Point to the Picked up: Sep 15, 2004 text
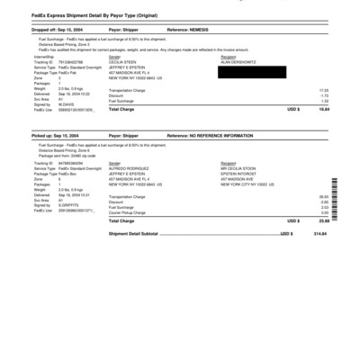point(56,135)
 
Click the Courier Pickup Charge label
point(131,211)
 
